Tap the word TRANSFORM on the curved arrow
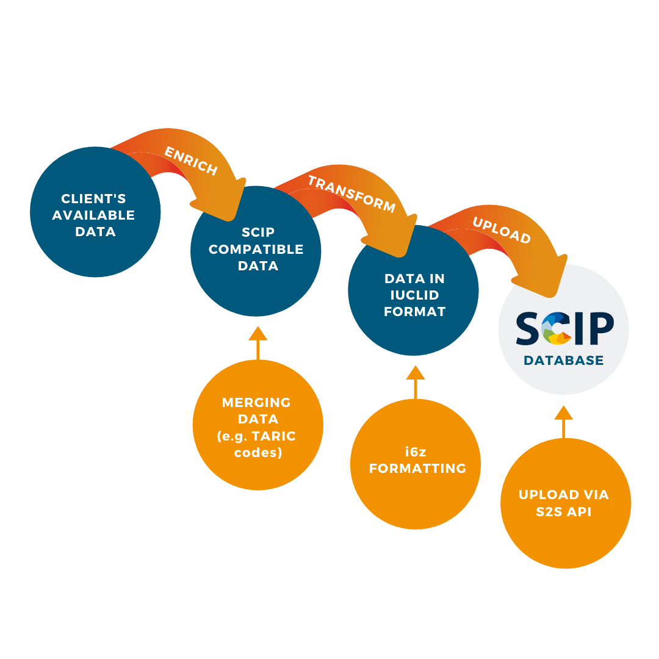coord(351,194)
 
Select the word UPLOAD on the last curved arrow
coord(502,231)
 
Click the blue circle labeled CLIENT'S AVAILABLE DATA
coord(95,212)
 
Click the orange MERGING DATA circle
coord(257,425)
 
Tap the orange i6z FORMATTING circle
coord(416,464)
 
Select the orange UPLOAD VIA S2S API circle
coord(565,503)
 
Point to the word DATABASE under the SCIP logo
coord(563,361)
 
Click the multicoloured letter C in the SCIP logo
coord(556,329)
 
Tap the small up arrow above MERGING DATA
coord(258,341)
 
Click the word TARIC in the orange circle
coord(272,436)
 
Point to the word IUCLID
coord(415,295)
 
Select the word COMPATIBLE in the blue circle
coord(256,249)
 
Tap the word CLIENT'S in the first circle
coord(94,198)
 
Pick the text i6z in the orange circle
coord(416,452)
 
